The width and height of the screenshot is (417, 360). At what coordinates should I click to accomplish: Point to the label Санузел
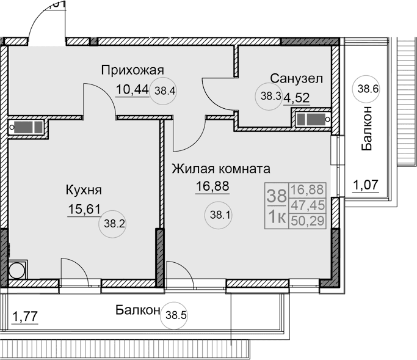[x=297, y=78]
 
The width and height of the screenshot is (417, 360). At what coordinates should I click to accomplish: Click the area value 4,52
[x=296, y=96]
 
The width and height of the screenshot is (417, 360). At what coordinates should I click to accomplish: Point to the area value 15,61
[x=84, y=210]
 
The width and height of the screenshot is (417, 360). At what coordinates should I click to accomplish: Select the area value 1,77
[x=25, y=317]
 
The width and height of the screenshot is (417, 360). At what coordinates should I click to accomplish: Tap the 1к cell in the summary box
[x=277, y=217]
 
